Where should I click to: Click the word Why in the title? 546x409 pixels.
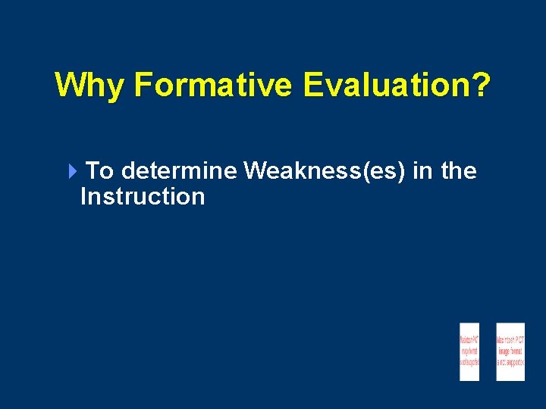(90, 86)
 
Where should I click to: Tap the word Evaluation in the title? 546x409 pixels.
(387, 86)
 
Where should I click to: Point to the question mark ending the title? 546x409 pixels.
(481, 85)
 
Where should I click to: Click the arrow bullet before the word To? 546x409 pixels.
(72, 172)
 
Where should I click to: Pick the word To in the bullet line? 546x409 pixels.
(100, 171)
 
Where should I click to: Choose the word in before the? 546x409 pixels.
(422, 171)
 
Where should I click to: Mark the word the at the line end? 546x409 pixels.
(458, 171)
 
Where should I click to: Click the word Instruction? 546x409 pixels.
(143, 197)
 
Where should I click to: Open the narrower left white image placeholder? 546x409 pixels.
(469, 351)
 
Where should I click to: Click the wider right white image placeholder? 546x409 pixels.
(510, 351)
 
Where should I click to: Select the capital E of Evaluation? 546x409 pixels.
(312, 86)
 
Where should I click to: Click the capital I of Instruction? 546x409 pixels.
(83, 197)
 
